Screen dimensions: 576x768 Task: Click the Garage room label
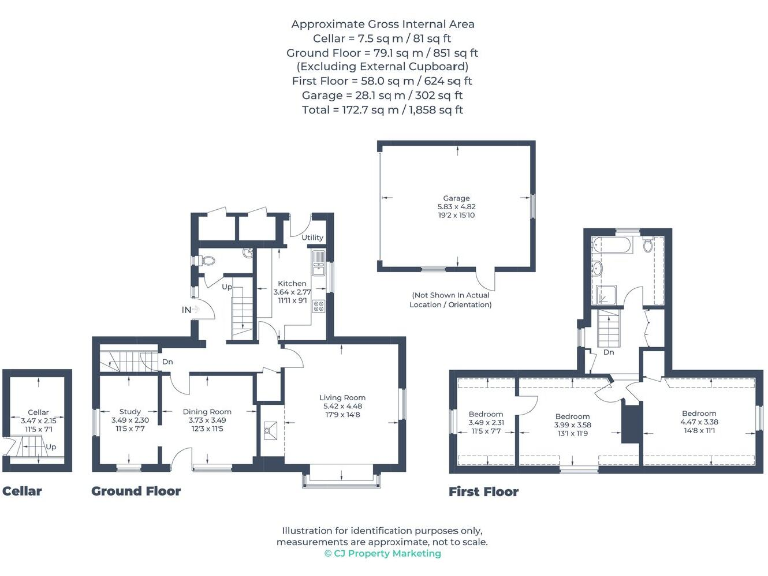[x=456, y=198]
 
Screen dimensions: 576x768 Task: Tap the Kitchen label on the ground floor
[x=292, y=283]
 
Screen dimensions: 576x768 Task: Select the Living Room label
[x=342, y=397]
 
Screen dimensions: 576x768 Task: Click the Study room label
[x=129, y=411]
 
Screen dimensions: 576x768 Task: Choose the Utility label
[x=312, y=238]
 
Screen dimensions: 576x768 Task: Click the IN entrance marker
[x=186, y=311]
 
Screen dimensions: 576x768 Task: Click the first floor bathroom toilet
[x=648, y=245]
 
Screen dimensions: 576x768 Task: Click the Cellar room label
[x=38, y=412]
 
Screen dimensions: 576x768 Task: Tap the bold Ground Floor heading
[x=136, y=491]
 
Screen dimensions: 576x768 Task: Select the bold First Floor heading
[x=484, y=491]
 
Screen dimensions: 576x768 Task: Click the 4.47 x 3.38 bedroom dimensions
[x=699, y=422]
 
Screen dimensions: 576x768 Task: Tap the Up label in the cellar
[x=50, y=447]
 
